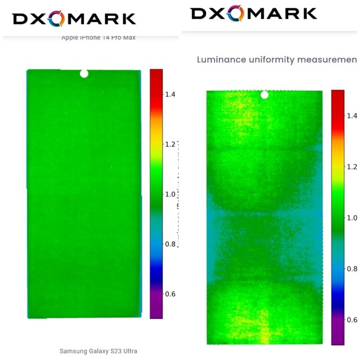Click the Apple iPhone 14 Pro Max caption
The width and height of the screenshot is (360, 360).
[x=99, y=38]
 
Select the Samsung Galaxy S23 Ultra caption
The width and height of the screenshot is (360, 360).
[x=98, y=351]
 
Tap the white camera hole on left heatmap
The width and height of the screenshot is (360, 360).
[x=84, y=73]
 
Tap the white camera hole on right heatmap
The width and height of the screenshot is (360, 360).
[x=264, y=95]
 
